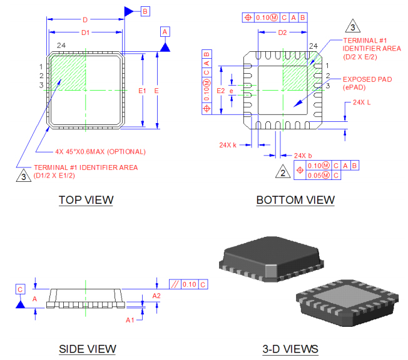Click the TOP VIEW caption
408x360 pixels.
(x=86, y=200)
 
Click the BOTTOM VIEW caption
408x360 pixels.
(x=295, y=200)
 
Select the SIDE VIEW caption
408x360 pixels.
(x=87, y=349)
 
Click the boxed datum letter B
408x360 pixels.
(x=145, y=11)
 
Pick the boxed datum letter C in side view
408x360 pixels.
(x=20, y=289)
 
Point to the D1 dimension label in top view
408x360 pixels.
(x=86, y=32)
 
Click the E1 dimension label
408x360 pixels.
(x=142, y=91)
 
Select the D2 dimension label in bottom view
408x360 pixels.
(x=282, y=32)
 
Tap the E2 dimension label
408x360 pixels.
(x=220, y=91)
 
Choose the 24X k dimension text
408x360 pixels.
(x=227, y=145)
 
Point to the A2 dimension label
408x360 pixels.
(x=156, y=296)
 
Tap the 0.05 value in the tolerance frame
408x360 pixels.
(x=318, y=176)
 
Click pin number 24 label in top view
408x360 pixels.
(x=61, y=46)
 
